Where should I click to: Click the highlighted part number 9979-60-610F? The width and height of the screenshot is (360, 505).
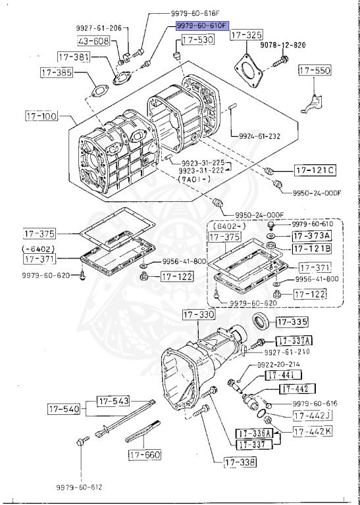(201, 26)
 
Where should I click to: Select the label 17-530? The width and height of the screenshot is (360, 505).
(197, 41)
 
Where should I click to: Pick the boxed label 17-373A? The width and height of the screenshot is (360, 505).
(313, 235)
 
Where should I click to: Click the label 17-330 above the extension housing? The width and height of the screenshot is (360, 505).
(199, 316)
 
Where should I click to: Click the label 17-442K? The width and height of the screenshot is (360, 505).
(313, 432)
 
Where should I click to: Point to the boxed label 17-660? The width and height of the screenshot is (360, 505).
(145, 454)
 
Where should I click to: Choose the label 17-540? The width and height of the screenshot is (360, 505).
(63, 410)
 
